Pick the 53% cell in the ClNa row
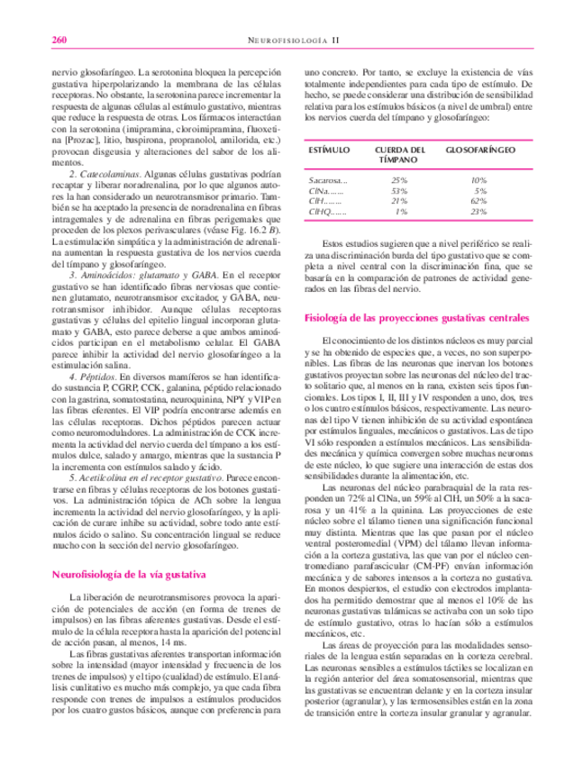pyautogui.click(x=400, y=191)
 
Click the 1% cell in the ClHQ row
pyautogui.click(x=402, y=213)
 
